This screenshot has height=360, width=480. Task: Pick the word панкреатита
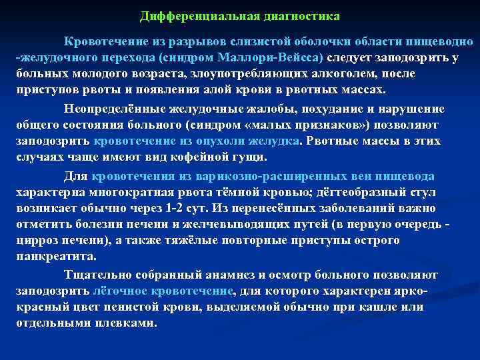click(x=55, y=257)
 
